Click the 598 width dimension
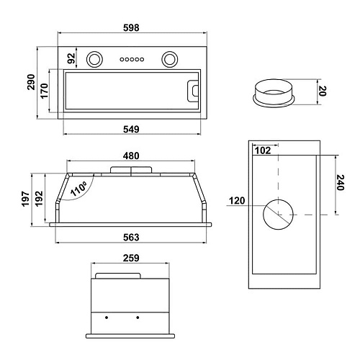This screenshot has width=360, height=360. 131,28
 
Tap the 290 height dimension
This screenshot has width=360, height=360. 31,82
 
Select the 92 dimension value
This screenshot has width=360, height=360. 71,58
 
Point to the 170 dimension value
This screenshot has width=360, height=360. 44,91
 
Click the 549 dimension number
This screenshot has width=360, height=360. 131,130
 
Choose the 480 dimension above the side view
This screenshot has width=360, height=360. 131,156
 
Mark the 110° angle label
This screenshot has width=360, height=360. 78,189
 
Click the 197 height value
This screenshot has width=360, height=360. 25,199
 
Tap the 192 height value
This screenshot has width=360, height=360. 39,199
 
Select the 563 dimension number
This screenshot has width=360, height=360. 131,238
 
